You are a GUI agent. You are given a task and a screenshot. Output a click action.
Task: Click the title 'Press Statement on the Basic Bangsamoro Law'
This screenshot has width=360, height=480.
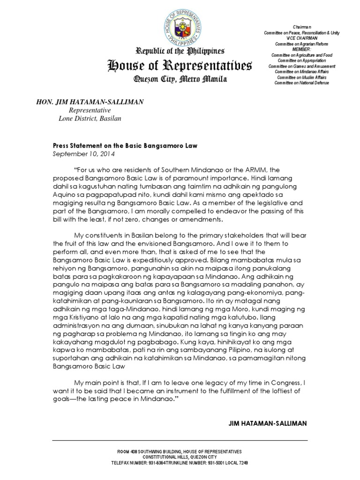coord(125,146)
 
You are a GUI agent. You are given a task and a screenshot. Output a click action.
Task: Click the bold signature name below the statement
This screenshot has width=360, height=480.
coord(267,423)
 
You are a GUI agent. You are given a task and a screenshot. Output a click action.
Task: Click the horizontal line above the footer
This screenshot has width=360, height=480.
coord(180,440)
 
